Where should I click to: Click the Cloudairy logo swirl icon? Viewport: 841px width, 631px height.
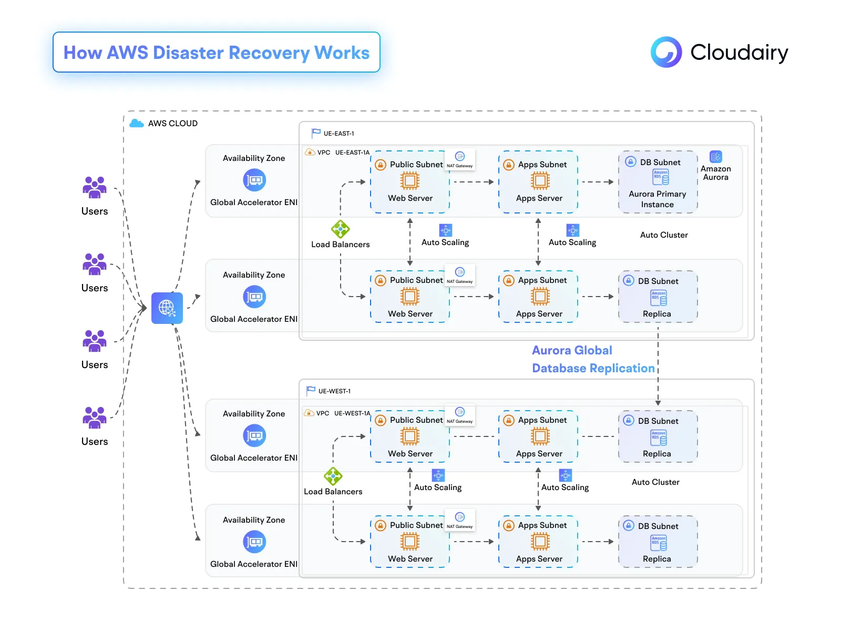(666, 52)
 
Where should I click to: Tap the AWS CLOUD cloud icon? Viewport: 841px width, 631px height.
(137, 123)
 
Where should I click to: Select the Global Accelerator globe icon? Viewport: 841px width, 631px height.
(167, 308)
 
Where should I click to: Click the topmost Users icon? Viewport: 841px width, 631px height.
(95, 187)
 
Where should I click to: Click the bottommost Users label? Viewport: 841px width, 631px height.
(95, 442)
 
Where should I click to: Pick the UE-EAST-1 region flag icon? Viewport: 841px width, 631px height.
(316, 133)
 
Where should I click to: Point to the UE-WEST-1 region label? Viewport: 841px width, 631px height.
(334, 391)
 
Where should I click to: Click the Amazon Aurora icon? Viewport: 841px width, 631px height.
(715, 157)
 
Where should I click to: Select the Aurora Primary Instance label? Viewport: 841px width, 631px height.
(658, 199)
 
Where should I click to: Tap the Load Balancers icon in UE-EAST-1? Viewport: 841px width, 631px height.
(341, 229)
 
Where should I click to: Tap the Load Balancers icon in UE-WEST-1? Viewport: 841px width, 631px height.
(333, 476)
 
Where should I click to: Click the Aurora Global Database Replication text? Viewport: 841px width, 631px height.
(593, 359)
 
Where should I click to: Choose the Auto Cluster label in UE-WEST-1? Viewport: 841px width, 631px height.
(655, 482)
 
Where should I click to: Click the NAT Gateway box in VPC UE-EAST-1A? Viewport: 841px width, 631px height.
(460, 159)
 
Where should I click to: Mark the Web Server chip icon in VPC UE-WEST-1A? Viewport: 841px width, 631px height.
(410, 436)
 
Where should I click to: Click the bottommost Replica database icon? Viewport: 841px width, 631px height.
(659, 543)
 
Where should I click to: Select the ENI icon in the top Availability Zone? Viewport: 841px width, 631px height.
(254, 180)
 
